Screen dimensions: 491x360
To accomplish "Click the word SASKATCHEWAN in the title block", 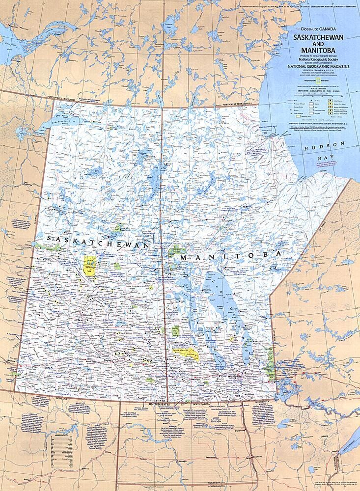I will coord(315,37).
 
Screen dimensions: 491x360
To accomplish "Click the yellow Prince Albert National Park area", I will coord(90,265).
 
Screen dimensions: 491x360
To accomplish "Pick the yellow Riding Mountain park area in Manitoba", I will coord(187,353).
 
